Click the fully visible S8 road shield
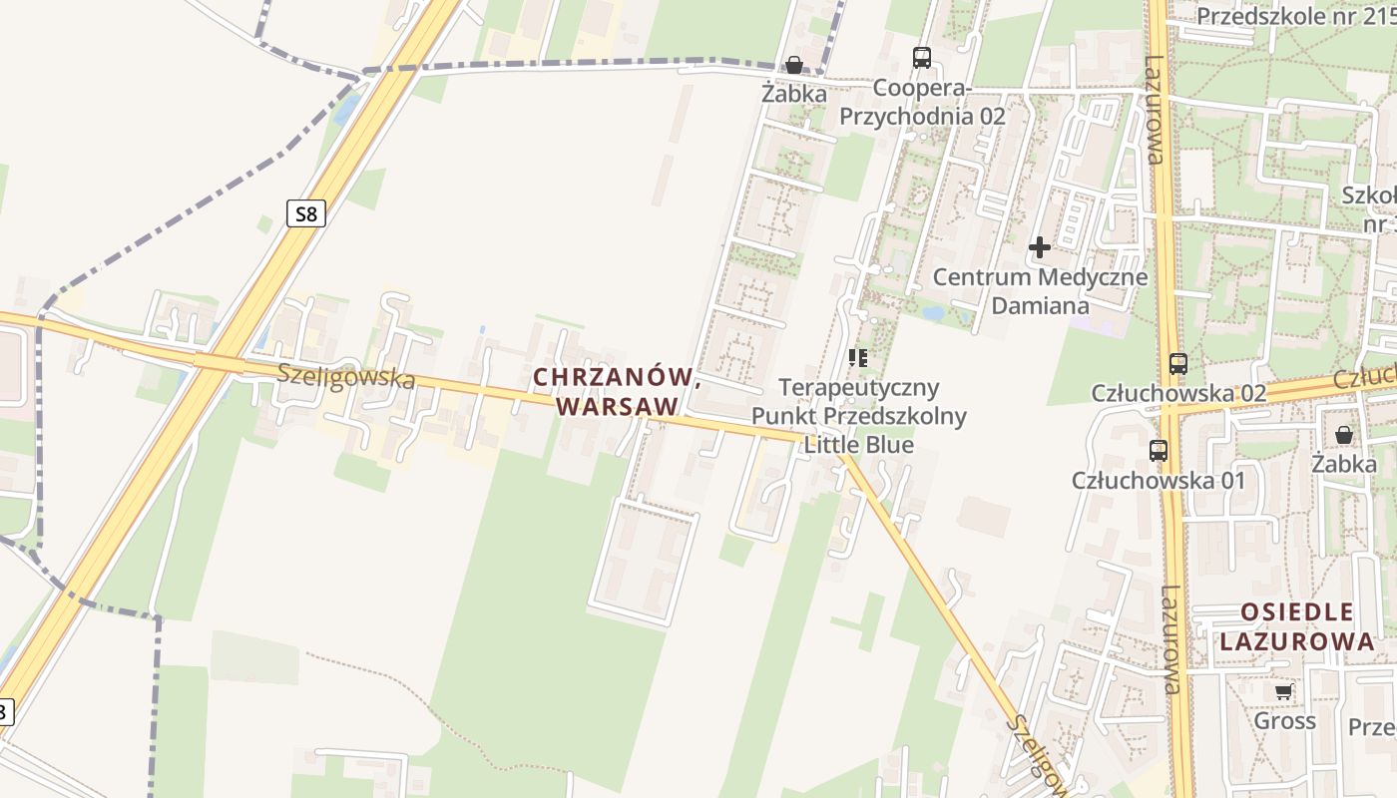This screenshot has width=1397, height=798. point(306,212)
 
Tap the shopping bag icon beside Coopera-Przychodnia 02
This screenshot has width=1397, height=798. point(794,66)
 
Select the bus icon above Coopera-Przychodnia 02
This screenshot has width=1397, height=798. point(921,58)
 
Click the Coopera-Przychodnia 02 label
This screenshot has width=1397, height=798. point(922,102)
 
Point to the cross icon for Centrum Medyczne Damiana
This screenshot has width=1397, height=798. point(1040,246)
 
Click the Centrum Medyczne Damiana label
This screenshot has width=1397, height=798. point(1040,290)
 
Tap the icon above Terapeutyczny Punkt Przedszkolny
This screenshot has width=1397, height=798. point(857,357)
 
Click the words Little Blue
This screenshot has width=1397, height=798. point(858,444)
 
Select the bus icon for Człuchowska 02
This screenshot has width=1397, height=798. point(1177,364)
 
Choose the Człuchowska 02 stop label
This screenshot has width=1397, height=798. point(1178,393)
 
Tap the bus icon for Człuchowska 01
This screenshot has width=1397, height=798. point(1158,451)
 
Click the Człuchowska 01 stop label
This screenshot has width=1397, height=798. point(1159,480)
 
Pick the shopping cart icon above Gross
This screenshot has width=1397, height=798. point(1283,691)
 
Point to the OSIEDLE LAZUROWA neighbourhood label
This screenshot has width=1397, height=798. point(1297,626)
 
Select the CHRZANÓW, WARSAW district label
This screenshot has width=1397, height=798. point(615,391)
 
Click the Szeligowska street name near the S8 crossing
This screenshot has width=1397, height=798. point(345,376)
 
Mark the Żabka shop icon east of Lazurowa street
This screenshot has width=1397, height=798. point(1344,435)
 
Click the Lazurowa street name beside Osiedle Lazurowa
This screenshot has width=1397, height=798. point(1171,638)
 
